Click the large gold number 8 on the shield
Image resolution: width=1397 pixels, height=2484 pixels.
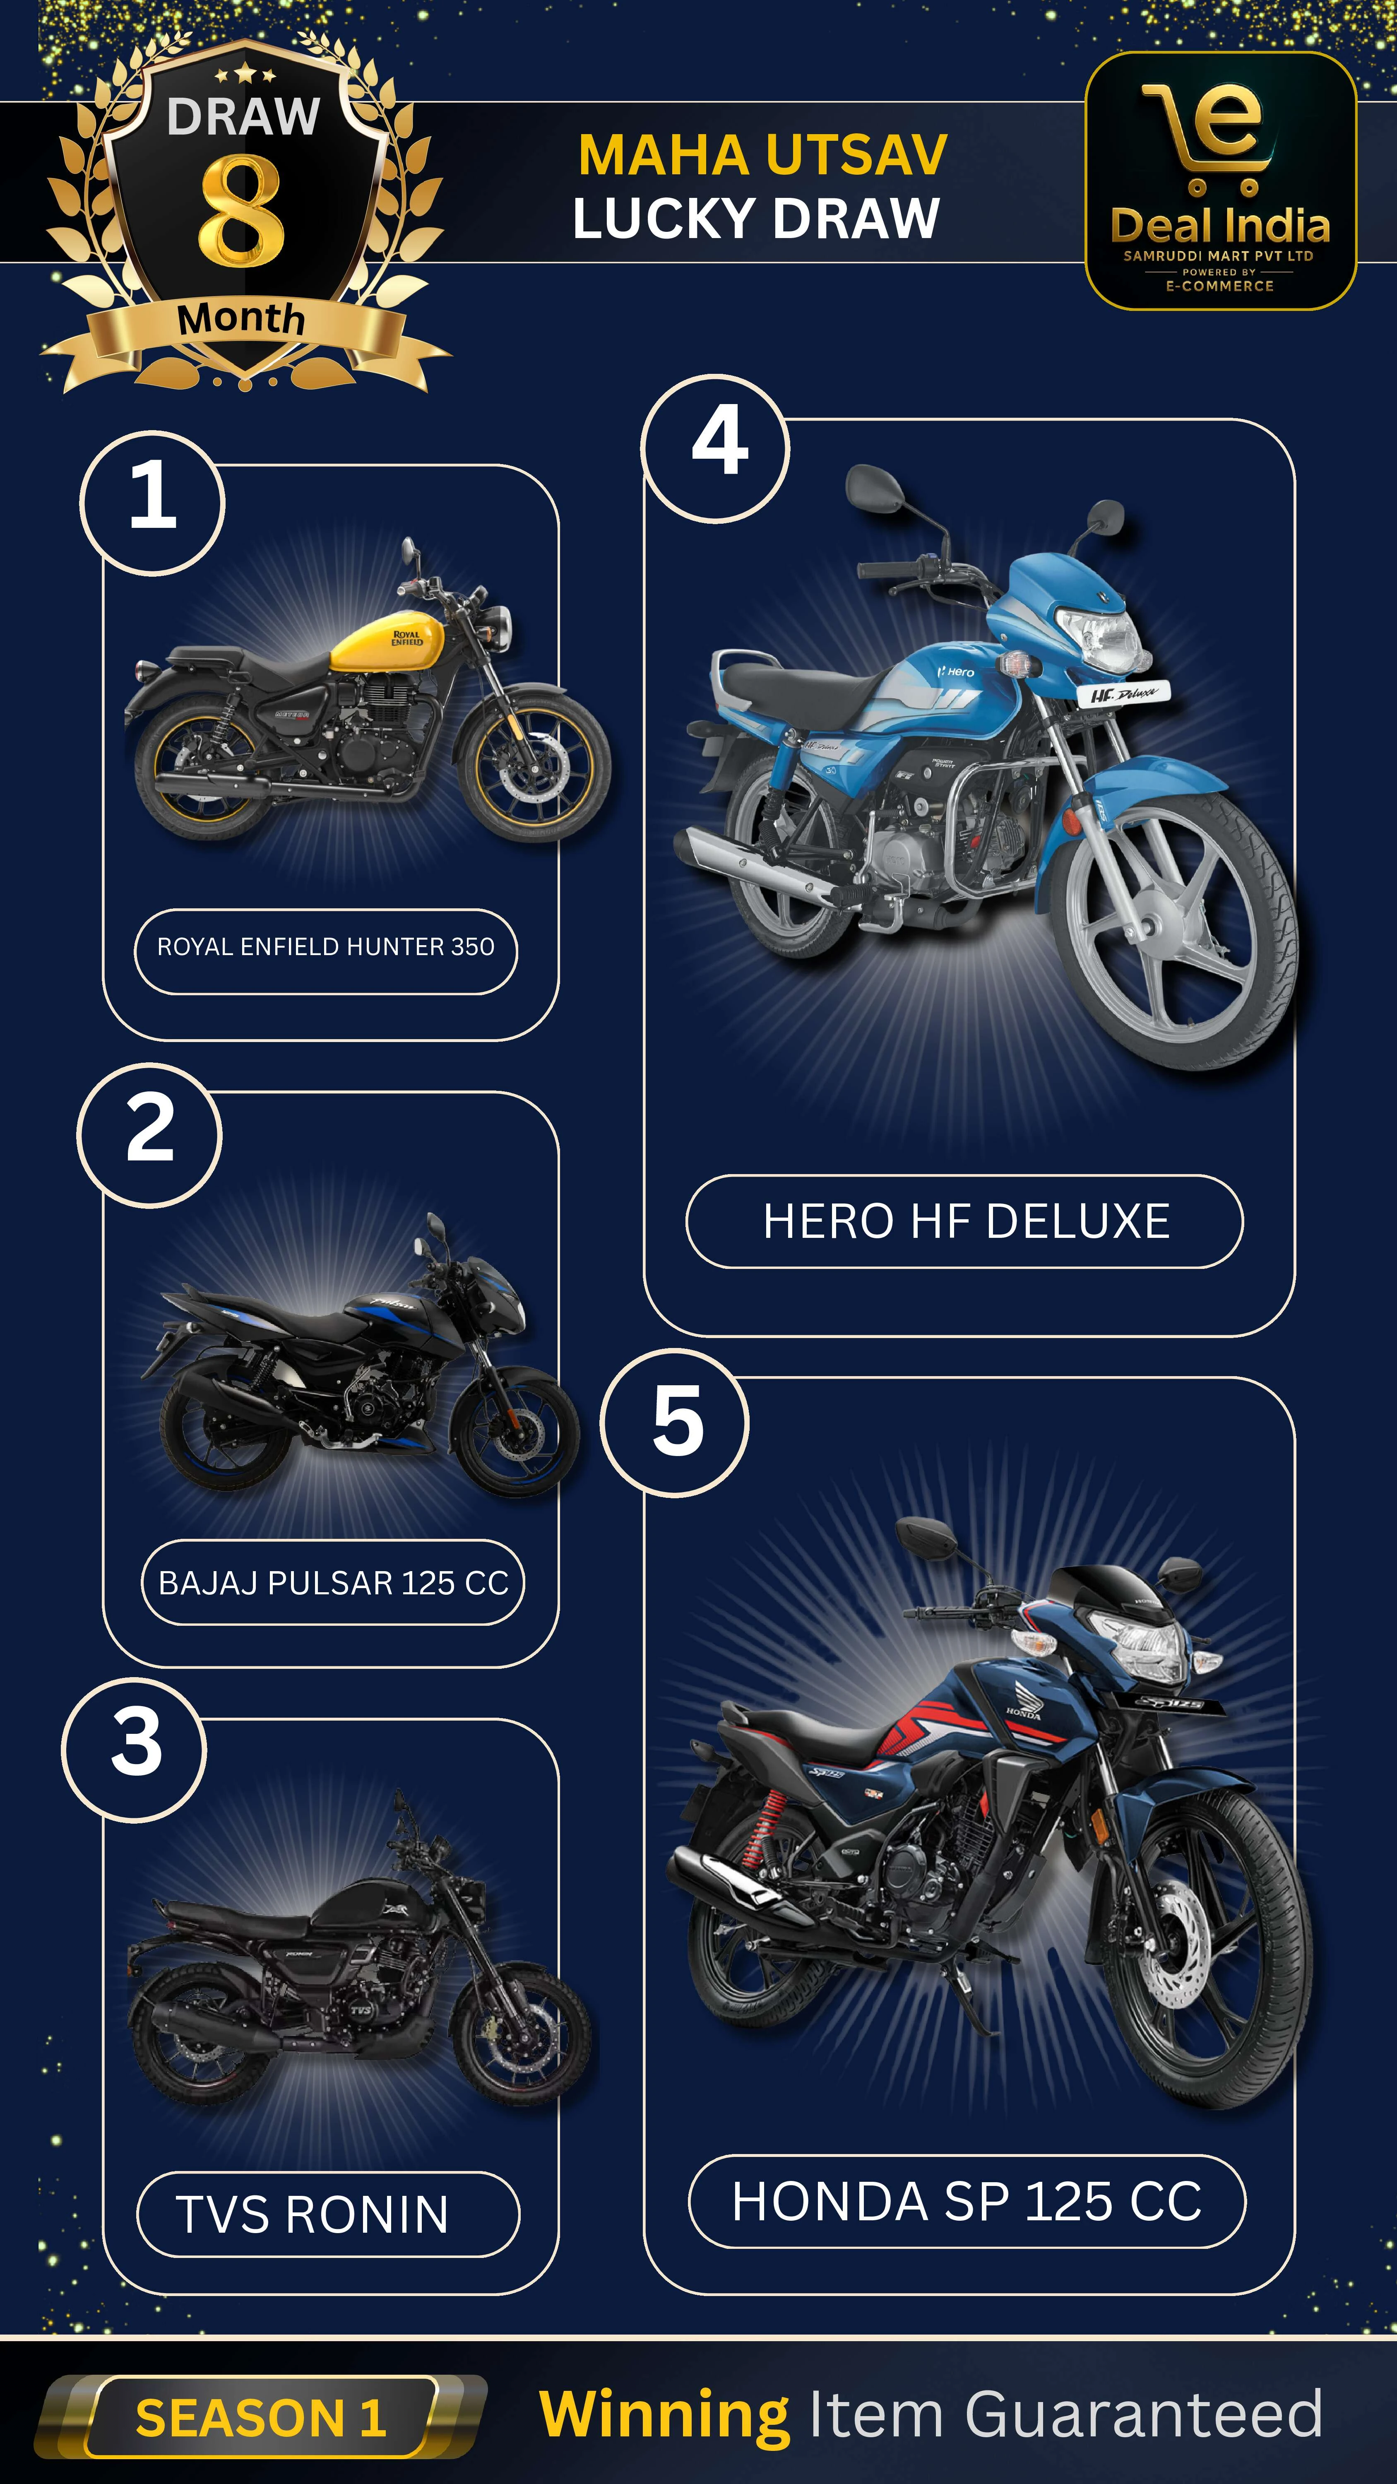click(x=242, y=210)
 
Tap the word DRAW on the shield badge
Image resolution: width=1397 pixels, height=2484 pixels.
click(x=243, y=117)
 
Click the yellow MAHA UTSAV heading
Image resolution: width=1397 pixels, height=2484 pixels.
click(x=762, y=155)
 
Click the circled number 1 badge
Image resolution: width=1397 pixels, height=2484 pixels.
click(x=152, y=503)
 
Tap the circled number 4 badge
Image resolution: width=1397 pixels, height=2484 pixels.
click(x=715, y=448)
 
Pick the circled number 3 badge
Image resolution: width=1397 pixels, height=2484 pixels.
click(x=134, y=1749)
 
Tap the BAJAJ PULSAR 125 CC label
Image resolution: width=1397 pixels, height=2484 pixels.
click(x=333, y=1582)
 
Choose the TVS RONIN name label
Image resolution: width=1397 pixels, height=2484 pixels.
click(x=328, y=2214)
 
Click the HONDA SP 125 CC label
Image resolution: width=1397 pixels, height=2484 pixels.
click(x=967, y=2202)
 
